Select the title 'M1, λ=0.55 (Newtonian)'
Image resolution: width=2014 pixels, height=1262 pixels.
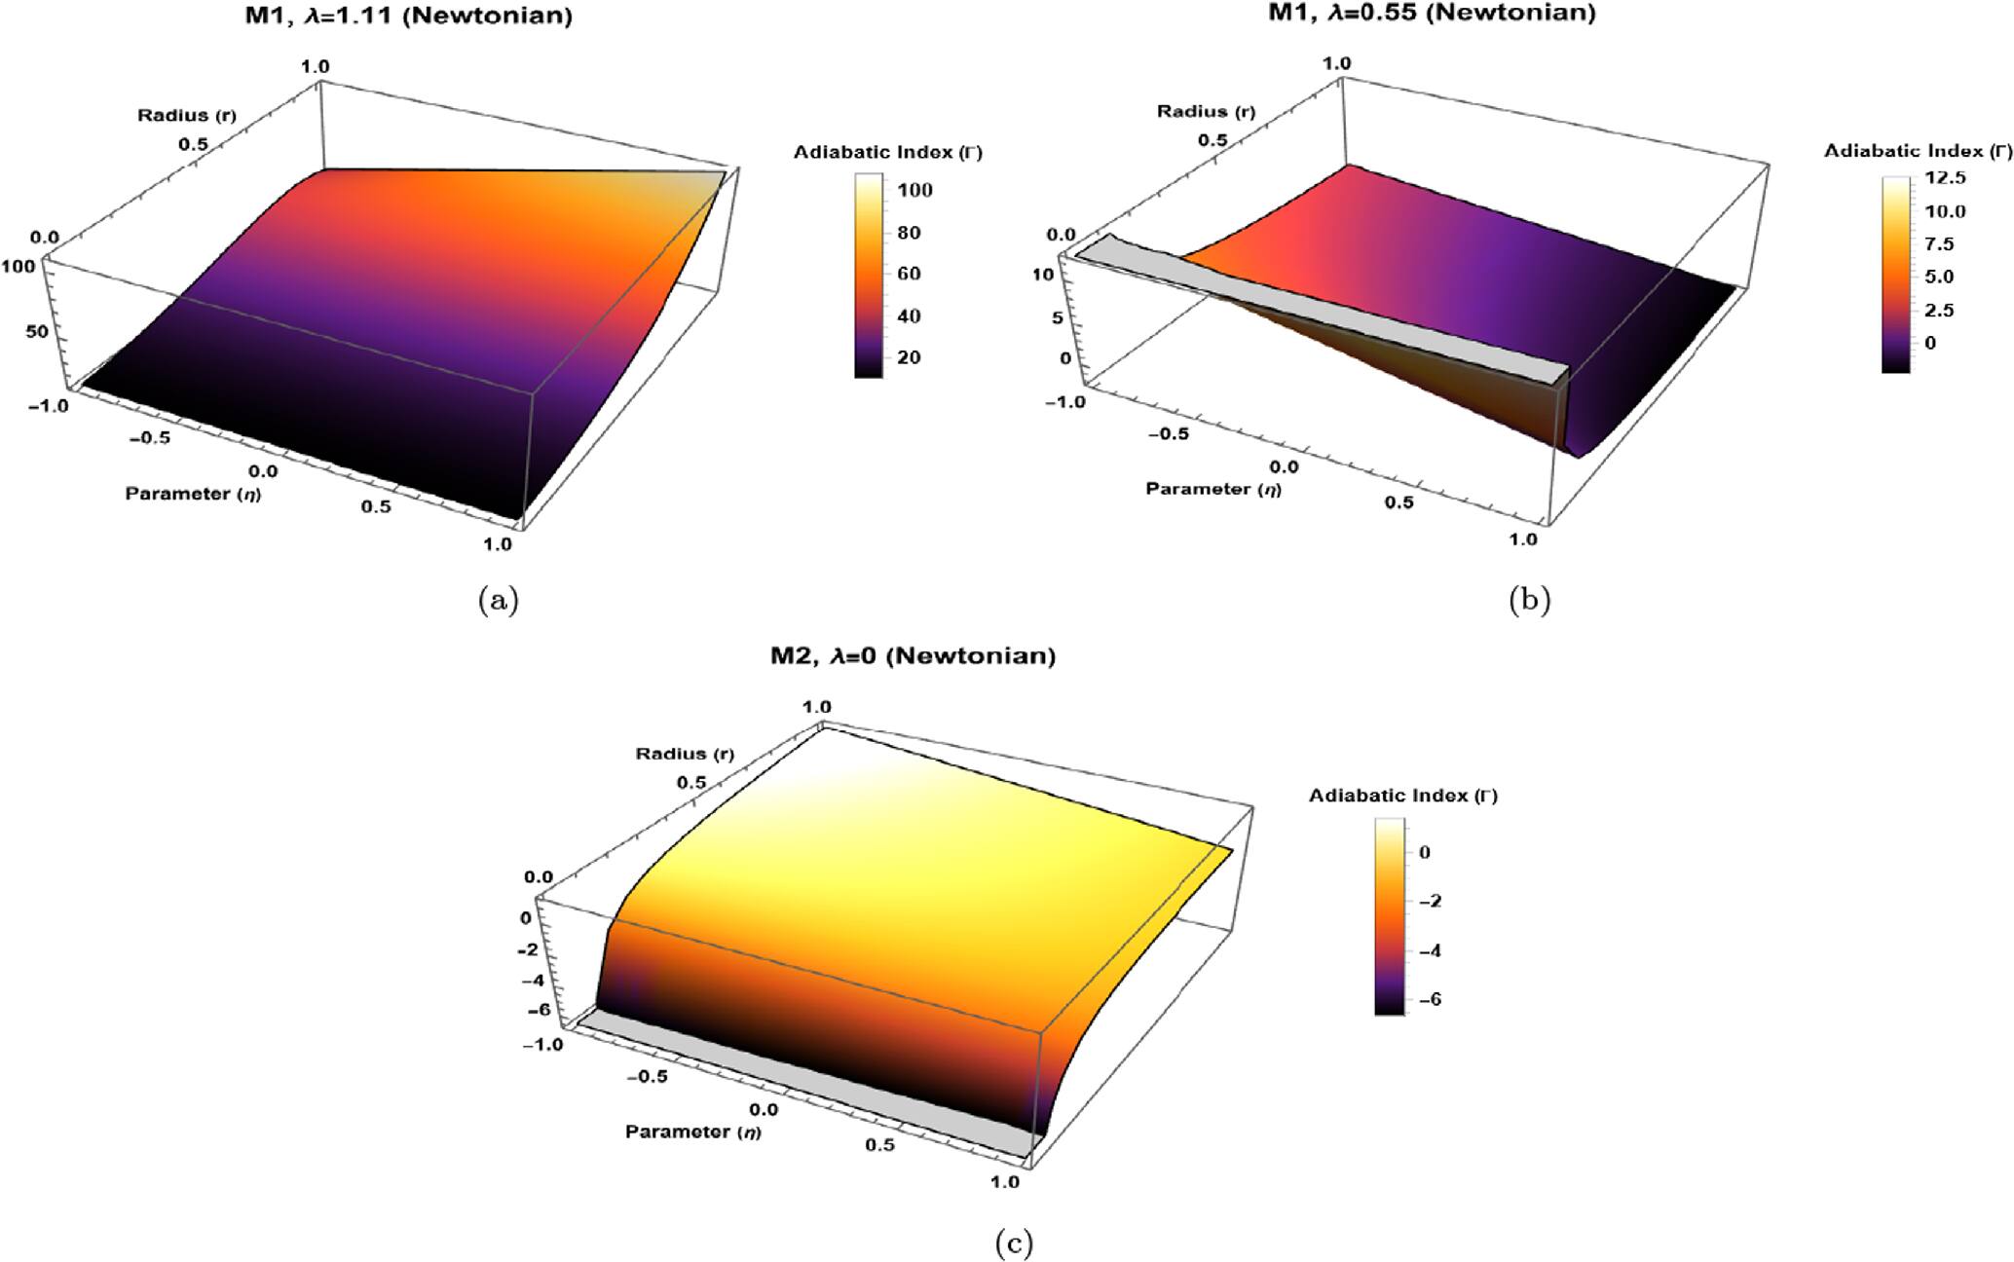pos(1432,14)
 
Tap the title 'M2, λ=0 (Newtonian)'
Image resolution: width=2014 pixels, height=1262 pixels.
pos(913,655)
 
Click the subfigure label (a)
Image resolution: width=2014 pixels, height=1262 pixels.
pos(499,601)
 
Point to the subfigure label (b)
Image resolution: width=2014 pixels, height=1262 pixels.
pos(1528,600)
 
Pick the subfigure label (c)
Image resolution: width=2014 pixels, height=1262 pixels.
pos(1014,1243)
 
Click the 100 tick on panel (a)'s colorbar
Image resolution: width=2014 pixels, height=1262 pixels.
pos(914,190)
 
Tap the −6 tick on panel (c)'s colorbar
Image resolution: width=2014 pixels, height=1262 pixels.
pos(1430,999)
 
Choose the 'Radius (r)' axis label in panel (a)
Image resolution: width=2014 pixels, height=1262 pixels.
pos(186,116)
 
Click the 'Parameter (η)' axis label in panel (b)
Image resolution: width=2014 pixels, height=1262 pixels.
pos(1212,488)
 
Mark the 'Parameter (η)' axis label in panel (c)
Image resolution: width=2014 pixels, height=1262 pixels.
pos(692,1132)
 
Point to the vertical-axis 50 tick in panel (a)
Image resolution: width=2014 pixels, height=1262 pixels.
pos(36,331)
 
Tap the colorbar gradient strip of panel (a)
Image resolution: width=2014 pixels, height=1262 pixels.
pos(868,275)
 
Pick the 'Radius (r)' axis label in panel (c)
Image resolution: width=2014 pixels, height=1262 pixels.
pos(685,754)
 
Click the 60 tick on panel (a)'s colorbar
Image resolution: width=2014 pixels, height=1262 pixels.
pos(909,274)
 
